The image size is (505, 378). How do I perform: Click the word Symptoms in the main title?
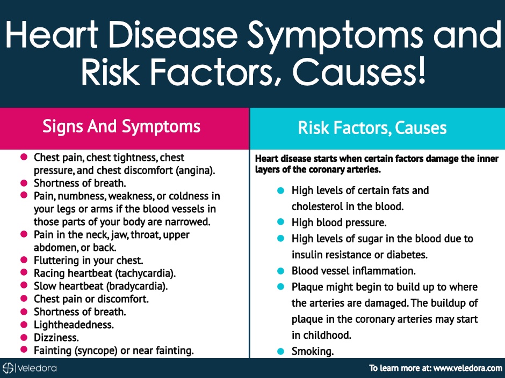(335, 36)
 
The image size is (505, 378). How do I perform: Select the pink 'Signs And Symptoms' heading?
(121, 127)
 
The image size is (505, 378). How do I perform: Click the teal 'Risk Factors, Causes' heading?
(372, 128)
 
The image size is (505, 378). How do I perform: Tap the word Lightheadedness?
(74, 324)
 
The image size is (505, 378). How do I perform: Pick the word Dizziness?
(56, 337)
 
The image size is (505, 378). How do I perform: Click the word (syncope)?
(96, 350)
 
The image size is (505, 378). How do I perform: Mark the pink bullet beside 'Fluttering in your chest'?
(24, 260)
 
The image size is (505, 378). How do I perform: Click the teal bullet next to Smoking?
(280, 351)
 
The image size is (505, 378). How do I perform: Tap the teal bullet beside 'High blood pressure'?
(280, 222)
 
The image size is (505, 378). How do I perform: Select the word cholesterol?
(317, 206)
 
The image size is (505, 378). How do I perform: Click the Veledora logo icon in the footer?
(8, 368)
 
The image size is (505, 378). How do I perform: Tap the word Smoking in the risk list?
(313, 351)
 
